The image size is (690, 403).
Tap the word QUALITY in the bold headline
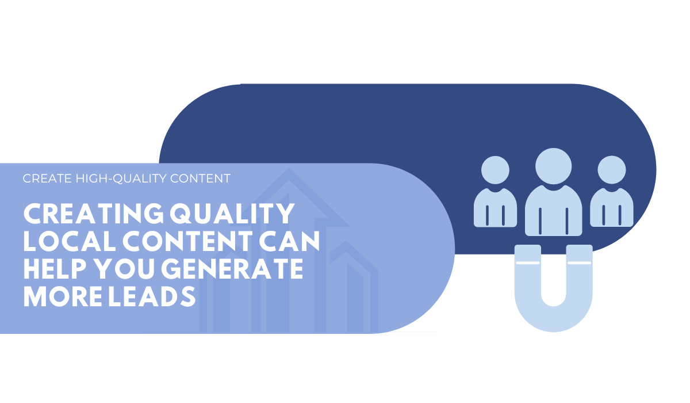(x=232, y=214)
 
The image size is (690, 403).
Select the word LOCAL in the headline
(x=70, y=241)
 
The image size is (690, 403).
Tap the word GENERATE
(x=232, y=268)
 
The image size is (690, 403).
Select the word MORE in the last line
(x=63, y=296)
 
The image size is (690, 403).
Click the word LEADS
(x=152, y=296)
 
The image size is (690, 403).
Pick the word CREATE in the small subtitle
(x=47, y=178)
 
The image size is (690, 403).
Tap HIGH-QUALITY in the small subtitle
(x=121, y=178)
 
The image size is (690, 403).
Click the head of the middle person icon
(x=554, y=166)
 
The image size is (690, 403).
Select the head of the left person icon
(x=495, y=170)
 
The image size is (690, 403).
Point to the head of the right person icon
(x=612, y=170)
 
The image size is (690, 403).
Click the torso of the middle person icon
(x=554, y=211)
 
